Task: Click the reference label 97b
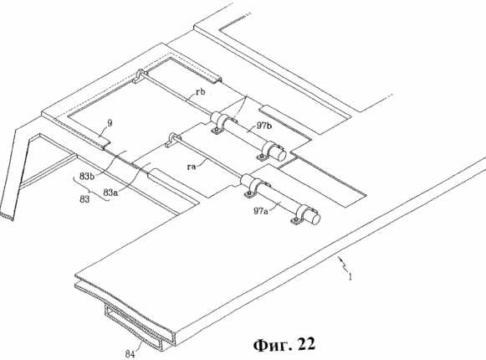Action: tap(263, 126)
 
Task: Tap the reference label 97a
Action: tap(260, 211)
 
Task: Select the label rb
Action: tap(200, 92)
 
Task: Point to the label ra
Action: tap(192, 167)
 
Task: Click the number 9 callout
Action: tap(110, 123)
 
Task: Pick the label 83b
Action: tap(87, 177)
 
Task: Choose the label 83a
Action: tap(110, 193)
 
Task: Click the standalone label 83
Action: tap(84, 198)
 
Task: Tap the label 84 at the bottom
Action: tap(130, 354)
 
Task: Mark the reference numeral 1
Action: tap(350, 276)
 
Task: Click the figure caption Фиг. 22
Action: tap(284, 344)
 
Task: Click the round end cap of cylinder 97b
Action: tap(280, 154)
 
